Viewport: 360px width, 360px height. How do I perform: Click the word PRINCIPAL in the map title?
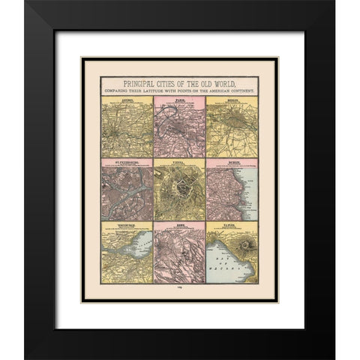[130, 82]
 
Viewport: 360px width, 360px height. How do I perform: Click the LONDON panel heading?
[125, 98]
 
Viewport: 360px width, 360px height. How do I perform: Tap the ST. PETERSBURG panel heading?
[125, 160]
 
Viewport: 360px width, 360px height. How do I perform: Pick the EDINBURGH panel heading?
[125, 223]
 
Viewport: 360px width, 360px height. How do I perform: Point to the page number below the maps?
[179, 286]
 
